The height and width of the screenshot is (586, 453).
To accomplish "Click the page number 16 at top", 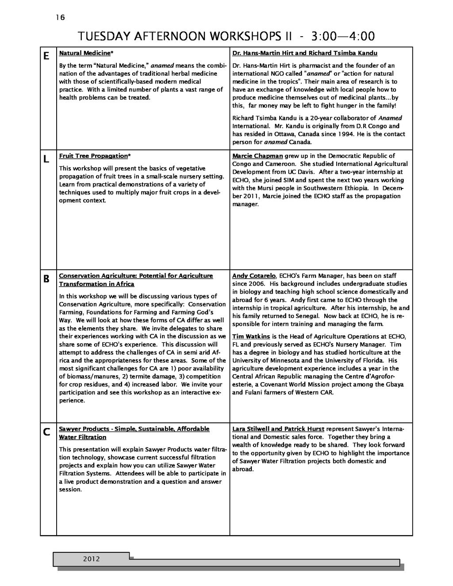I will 60,18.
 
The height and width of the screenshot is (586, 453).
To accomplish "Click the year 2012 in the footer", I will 92,559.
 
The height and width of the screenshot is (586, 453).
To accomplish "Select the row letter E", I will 46,57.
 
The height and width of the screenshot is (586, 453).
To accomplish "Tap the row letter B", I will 46,280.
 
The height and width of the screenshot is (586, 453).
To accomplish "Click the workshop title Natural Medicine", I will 85,54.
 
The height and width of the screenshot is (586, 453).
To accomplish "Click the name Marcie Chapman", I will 257,156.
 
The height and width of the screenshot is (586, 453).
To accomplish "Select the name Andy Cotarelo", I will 254,276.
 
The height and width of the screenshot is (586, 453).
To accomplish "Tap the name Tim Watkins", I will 251,337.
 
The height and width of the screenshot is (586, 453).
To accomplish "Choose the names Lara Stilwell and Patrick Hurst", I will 278,429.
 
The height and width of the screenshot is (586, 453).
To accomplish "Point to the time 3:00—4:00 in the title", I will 343,36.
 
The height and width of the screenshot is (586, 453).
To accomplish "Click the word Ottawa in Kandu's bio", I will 284,134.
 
